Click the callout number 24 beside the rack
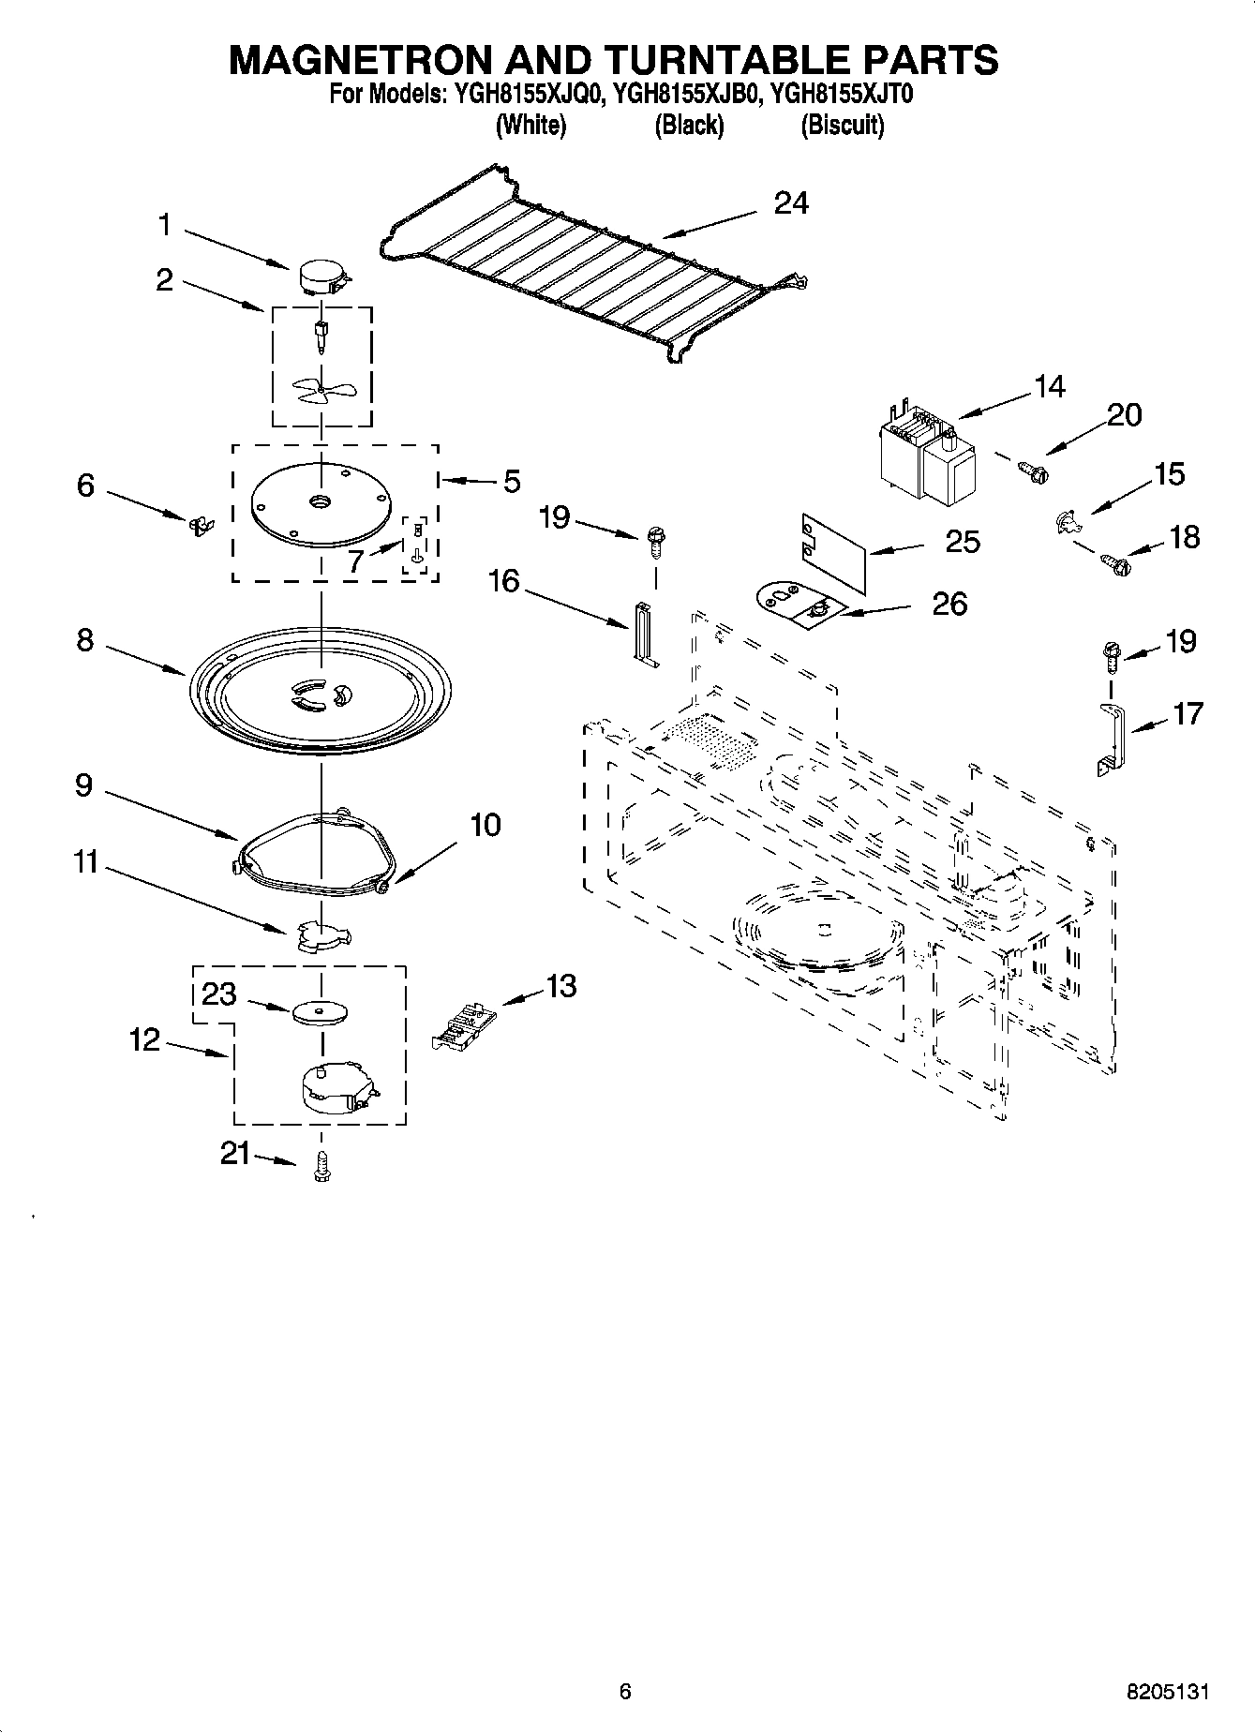791,203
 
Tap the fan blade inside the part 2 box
319,390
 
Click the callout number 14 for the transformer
1050,386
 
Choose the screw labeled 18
1114,564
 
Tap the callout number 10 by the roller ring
485,825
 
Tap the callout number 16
503,581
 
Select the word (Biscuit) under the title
842,126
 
